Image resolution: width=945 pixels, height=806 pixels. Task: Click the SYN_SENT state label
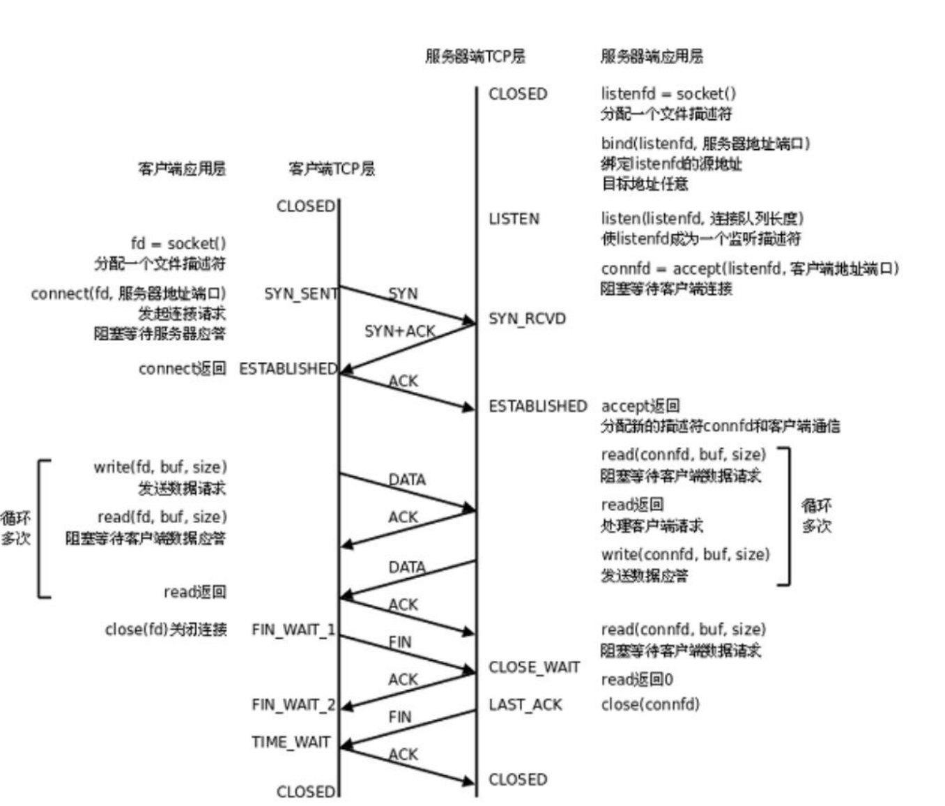(x=300, y=294)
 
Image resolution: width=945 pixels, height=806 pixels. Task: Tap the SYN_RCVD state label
(x=527, y=319)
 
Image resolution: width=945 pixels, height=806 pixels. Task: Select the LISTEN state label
(x=514, y=219)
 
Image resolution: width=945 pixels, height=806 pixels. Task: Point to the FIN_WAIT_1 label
(x=293, y=630)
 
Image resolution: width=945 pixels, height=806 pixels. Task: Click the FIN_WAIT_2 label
(x=293, y=705)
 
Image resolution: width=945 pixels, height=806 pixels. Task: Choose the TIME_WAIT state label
(x=291, y=743)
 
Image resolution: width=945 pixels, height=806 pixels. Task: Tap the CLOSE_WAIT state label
(x=534, y=668)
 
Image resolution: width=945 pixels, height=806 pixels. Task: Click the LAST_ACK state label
(x=525, y=705)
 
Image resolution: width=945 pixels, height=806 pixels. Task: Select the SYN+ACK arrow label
(x=399, y=332)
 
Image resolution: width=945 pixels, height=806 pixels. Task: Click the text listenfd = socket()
(x=668, y=94)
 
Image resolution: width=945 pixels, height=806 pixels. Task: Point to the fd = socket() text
(x=178, y=244)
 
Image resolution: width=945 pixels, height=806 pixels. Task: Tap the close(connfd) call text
(x=650, y=705)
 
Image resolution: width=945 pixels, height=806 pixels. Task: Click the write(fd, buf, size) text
(x=160, y=467)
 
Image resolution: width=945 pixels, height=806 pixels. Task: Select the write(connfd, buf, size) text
(x=685, y=555)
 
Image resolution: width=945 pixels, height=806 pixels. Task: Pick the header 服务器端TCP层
(x=475, y=56)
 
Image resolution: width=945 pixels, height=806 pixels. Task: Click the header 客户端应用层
(x=181, y=169)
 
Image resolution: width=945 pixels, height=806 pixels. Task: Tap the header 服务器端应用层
(x=652, y=56)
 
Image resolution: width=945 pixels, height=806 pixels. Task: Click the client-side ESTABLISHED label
(x=288, y=369)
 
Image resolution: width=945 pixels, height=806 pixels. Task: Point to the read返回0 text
(x=637, y=680)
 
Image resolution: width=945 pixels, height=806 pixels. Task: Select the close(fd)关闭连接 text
(x=166, y=630)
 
